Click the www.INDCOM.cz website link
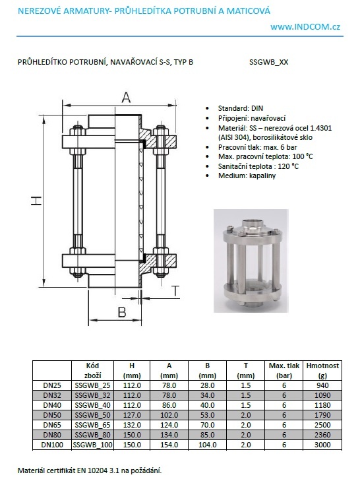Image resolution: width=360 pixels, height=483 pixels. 305,27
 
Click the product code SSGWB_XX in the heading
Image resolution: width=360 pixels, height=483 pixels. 268,62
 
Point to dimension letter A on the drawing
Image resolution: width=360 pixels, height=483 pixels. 126,98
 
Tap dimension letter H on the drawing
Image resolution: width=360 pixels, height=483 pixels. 36,201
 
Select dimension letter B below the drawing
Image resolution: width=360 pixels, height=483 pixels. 122,311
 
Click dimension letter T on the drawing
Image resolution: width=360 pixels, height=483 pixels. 175,290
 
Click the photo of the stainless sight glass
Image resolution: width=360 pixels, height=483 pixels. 251,261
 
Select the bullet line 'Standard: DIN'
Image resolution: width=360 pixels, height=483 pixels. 240,108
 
